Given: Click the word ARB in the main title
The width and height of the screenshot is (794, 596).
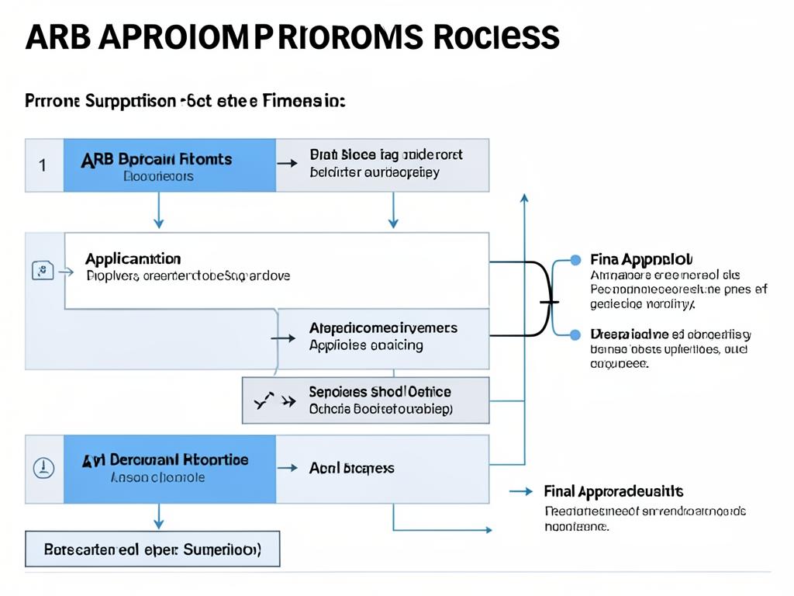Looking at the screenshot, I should [58, 36].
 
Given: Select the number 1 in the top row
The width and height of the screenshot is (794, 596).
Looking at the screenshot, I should [43, 165].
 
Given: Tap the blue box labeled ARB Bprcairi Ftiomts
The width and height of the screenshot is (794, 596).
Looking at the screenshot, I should [169, 165].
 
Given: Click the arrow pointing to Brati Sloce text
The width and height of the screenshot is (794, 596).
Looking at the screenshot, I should [288, 164].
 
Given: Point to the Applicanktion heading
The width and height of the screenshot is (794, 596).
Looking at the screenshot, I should [133, 258].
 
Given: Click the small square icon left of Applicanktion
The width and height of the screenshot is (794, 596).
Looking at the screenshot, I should [42, 271].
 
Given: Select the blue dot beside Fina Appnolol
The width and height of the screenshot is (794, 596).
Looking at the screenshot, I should [575, 260].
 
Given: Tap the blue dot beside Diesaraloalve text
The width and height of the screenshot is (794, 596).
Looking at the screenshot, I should [575, 334].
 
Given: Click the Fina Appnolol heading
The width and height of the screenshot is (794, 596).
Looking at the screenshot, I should [641, 259].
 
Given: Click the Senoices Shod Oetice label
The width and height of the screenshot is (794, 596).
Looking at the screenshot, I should [380, 392].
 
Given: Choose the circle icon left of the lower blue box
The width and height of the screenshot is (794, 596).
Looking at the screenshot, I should [44, 468].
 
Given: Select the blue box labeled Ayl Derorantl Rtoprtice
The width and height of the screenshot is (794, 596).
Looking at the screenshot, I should [169, 468].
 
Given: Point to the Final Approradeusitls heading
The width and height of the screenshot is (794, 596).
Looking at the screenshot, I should [613, 491].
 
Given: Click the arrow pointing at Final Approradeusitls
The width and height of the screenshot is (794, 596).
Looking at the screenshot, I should [522, 491].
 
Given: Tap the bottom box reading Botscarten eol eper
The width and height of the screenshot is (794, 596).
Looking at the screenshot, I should [152, 549].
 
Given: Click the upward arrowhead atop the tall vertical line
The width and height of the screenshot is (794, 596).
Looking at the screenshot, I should [524, 198].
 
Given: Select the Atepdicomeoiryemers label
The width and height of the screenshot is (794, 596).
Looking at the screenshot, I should [383, 328].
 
